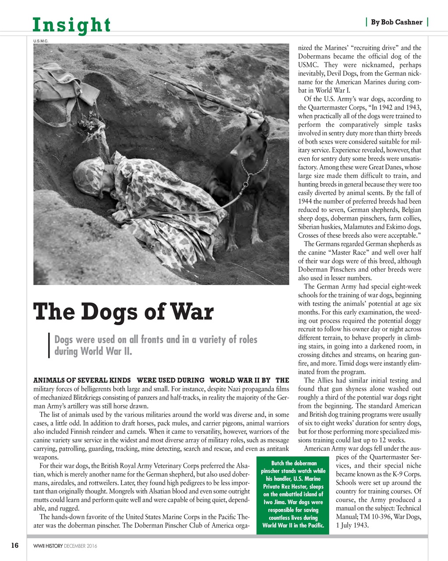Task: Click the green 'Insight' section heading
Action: click(72, 25)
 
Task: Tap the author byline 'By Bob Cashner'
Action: click(396, 22)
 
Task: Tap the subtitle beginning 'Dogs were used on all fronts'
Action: click(156, 345)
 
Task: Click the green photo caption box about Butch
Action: click(293, 494)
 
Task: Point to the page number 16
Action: click(15, 546)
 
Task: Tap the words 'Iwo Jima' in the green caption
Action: click(276, 502)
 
